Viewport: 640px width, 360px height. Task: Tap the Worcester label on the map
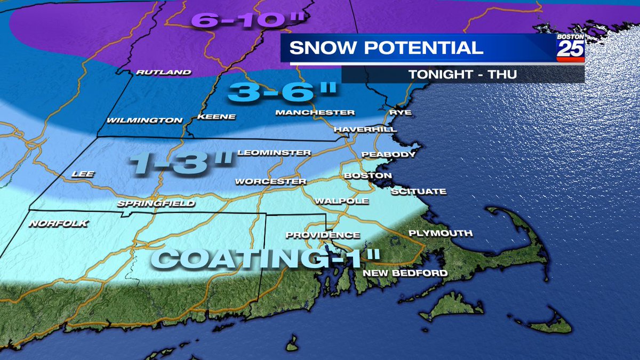271,181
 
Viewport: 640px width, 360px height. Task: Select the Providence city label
323,235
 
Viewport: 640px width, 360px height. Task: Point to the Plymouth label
440,233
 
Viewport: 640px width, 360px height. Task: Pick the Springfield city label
156,203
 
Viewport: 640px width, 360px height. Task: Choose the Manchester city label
315,113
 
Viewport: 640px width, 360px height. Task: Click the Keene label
216,117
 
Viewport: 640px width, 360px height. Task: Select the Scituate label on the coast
418,191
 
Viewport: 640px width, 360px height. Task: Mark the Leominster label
274,153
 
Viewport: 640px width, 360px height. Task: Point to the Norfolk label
58,224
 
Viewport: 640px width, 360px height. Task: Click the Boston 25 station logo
570,48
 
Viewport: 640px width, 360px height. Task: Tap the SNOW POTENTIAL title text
386,48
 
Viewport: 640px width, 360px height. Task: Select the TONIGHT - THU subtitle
462,74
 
